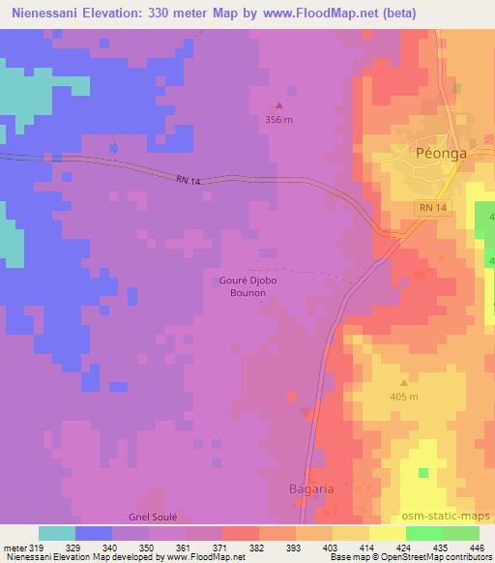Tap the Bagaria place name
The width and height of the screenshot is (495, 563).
[312, 489]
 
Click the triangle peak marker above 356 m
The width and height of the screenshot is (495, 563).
[280, 105]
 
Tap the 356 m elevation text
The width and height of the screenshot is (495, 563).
[280, 120]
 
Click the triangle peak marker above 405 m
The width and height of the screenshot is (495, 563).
[403, 383]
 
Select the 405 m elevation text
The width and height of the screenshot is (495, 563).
[403, 398]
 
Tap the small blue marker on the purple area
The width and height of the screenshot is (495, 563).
[113, 147]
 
